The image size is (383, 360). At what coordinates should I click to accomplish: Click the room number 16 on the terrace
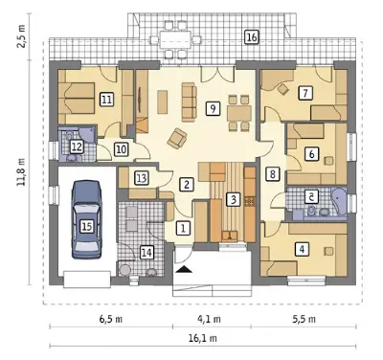(251, 37)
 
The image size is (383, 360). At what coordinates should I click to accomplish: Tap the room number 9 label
(213, 108)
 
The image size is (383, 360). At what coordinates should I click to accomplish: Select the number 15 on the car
(86, 226)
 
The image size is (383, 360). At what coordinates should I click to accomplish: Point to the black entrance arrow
(184, 270)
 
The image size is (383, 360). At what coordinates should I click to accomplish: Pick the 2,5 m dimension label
(22, 35)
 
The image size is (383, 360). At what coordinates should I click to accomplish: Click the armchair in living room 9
(177, 139)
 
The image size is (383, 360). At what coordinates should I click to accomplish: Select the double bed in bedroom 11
(77, 99)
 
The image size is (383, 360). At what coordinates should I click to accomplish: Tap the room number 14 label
(146, 253)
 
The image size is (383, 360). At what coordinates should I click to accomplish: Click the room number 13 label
(141, 178)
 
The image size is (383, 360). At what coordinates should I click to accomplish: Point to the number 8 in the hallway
(272, 174)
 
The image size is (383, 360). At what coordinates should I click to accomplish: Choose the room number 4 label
(303, 249)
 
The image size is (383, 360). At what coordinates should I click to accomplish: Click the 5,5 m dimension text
(304, 319)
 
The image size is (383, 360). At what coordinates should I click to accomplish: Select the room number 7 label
(305, 93)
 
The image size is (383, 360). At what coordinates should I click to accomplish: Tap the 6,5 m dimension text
(110, 319)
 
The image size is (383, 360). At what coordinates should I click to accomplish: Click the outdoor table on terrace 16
(175, 40)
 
